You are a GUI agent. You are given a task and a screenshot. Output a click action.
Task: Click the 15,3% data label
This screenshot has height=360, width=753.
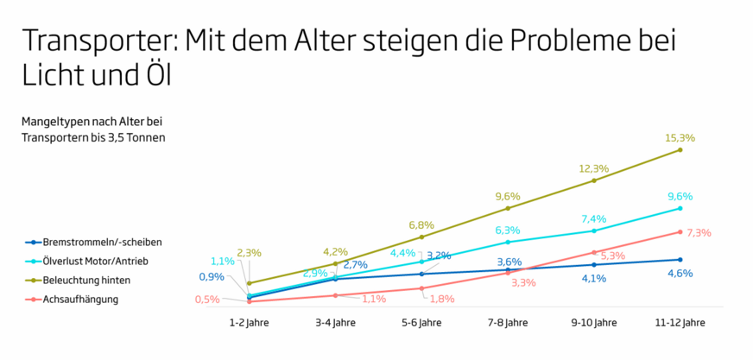pos(680,138)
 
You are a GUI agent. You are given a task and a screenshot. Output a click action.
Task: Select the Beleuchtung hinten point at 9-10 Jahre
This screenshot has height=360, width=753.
pos(594,180)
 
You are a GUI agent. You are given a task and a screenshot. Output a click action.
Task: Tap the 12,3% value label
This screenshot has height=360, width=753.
pos(594,169)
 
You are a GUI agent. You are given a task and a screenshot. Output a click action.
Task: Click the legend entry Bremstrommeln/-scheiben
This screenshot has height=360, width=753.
pos(92,242)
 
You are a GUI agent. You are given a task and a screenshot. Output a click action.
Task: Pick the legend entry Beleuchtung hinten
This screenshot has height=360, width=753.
pos(77,281)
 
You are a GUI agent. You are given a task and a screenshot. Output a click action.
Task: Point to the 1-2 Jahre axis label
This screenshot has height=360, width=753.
pos(249,323)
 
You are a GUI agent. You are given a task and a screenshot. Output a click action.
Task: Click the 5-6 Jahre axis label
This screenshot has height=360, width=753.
pos(421,323)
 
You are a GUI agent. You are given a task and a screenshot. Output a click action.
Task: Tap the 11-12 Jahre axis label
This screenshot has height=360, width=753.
pos(680,323)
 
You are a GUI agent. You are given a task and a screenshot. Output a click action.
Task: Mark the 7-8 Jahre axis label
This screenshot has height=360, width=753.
pos(508,323)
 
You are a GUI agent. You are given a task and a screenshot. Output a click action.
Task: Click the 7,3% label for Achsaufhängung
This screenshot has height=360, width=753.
pos(699,233)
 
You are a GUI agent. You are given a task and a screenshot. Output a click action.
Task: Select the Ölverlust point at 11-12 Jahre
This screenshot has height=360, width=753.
pos(680,208)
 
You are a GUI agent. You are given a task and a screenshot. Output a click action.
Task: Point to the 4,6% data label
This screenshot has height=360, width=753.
pos(680,274)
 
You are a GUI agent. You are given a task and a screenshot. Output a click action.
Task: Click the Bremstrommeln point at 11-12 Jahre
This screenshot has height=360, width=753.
pos(680,260)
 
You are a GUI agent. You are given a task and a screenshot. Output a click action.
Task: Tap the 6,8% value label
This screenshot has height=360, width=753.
pos(421,225)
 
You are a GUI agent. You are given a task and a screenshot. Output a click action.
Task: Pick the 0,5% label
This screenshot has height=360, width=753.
pos(207,300)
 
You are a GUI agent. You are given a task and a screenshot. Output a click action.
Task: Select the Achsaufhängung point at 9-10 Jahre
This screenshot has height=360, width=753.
pos(594,252)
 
